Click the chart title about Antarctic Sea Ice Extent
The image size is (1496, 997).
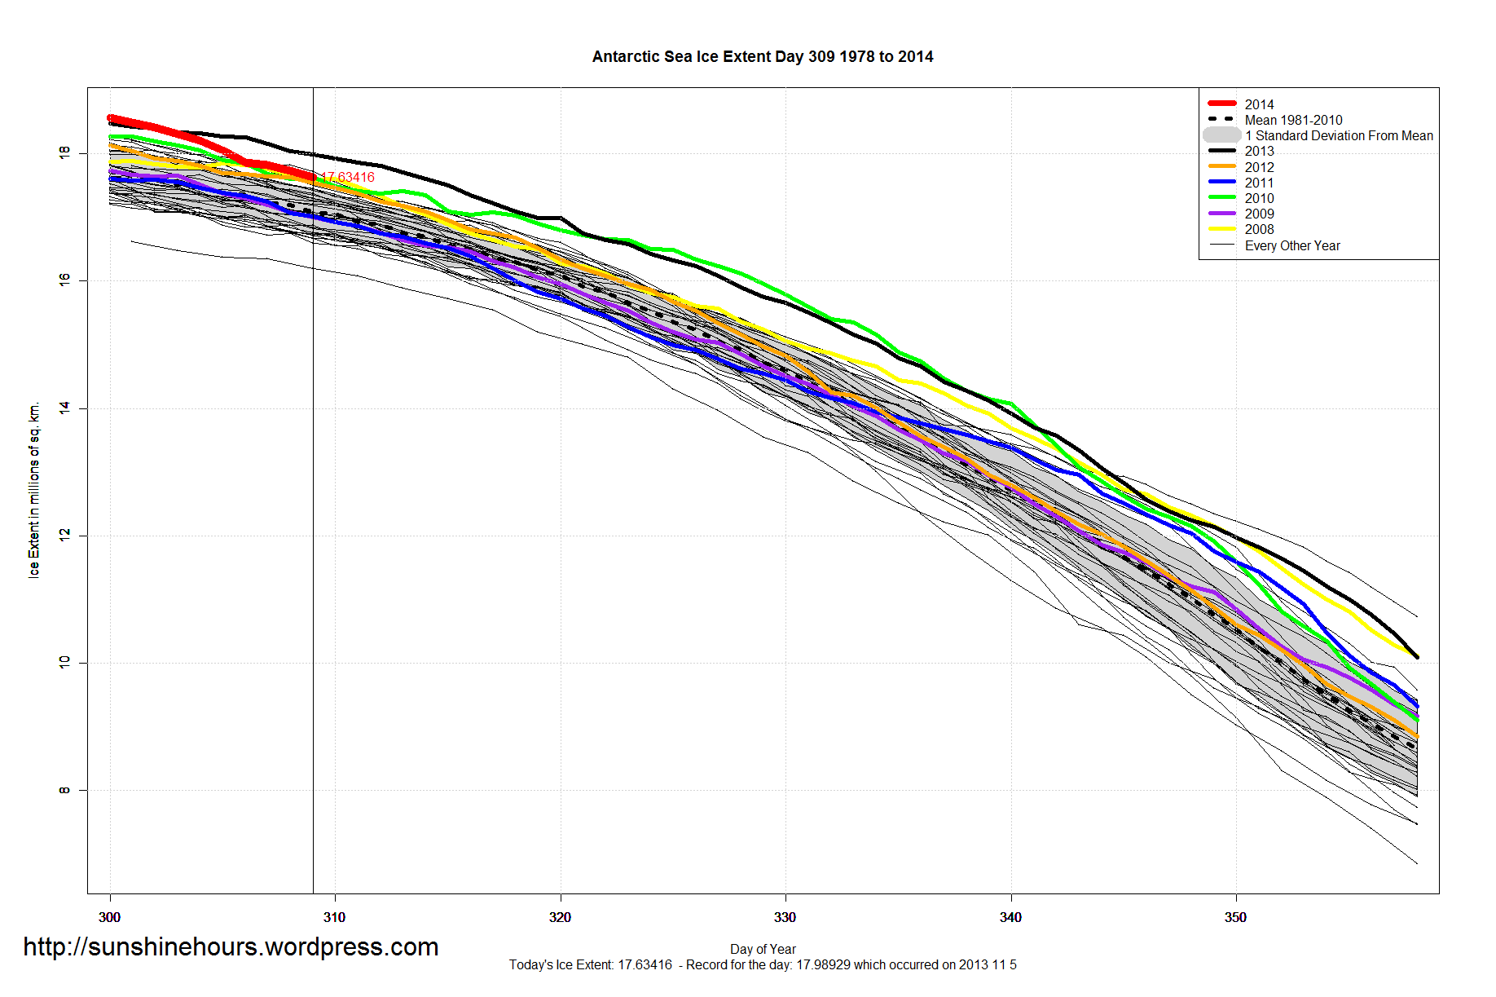coord(762,56)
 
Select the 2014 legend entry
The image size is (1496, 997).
coord(1259,104)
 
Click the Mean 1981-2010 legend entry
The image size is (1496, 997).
coord(1293,120)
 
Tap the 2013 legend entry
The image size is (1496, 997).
coord(1259,151)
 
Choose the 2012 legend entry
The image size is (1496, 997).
coord(1259,167)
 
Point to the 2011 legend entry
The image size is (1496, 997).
coord(1259,183)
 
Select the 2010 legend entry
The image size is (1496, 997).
coord(1259,198)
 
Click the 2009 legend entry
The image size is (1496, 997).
coord(1259,214)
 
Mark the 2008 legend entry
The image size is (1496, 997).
coord(1259,229)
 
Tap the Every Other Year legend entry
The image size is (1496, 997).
coord(1292,245)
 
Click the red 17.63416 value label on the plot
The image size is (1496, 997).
coord(348,177)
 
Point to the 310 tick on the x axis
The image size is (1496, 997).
coord(335,917)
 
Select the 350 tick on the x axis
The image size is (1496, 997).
coord(1235,917)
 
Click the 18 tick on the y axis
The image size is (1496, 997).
coord(64,152)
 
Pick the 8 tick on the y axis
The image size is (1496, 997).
coord(64,790)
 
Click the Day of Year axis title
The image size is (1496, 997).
coord(763,949)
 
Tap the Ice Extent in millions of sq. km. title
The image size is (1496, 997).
coord(34,489)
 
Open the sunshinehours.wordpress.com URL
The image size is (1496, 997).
coord(231,946)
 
